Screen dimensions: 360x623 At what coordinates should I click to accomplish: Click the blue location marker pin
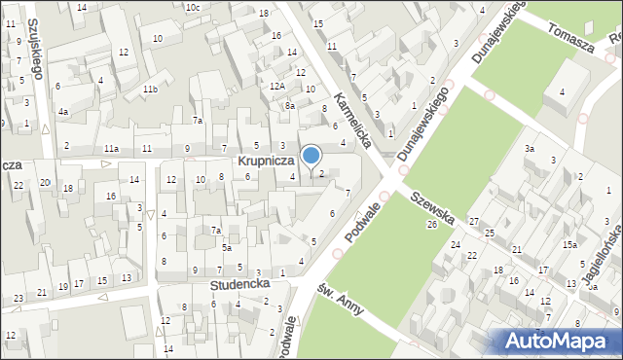[x=311, y=156]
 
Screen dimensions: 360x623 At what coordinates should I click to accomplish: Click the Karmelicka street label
[x=353, y=121]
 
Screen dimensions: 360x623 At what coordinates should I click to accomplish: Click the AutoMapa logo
[x=558, y=340]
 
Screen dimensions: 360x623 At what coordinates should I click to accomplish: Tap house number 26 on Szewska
[x=431, y=225]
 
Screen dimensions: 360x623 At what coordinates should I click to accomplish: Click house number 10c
[x=194, y=8]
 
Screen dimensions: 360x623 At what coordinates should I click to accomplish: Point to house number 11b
[x=150, y=90]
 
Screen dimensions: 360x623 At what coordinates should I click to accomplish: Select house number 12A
[x=277, y=86]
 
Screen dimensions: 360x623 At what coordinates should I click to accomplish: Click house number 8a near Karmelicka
[x=289, y=105]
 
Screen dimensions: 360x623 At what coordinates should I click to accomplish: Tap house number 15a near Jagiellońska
[x=568, y=246]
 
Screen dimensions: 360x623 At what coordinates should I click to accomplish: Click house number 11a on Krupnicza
[x=112, y=148]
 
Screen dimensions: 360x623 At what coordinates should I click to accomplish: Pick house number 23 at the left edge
[x=18, y=298]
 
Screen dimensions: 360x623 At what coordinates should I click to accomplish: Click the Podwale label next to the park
[x=363, y=219]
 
